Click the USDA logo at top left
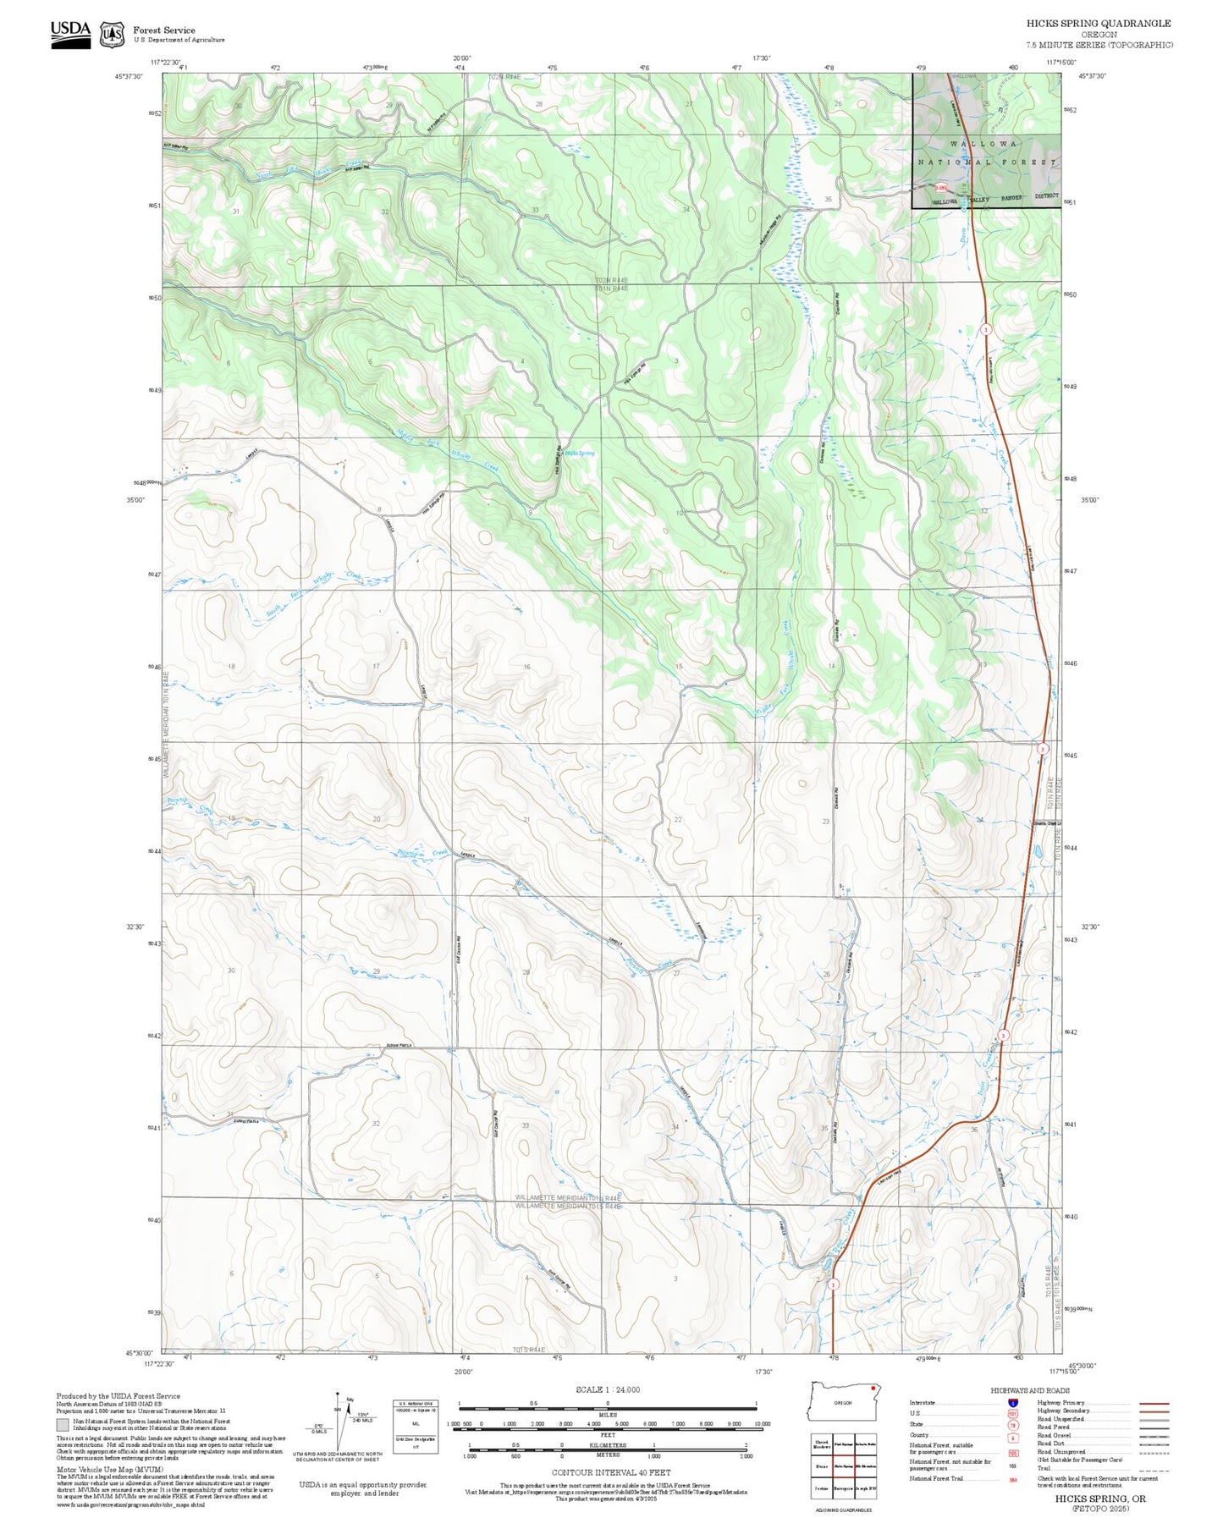pos(70,33)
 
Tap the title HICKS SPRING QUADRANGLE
pos(1099,24)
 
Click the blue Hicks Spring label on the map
pos(580,454)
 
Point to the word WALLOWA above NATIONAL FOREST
pos(984,145)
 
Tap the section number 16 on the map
pos(526,667)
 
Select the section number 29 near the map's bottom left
pos(377,971)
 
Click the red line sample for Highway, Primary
pos(1154,1403)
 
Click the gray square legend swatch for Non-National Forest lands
pos(62,1426)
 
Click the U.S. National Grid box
pos(416,1427)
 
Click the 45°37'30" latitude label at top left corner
pos(129,77)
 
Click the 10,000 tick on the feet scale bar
pos(762,1424)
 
